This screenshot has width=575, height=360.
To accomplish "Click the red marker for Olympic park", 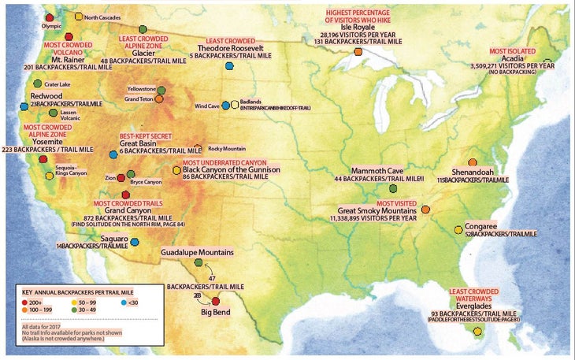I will point(50,17).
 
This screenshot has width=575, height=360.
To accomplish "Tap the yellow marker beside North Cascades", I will point(78,16).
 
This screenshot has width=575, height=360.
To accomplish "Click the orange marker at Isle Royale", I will point(358,51).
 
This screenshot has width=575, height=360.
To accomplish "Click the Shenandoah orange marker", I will point(473,162).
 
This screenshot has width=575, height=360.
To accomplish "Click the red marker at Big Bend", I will point(216,302).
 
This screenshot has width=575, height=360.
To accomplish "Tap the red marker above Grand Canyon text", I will point(124,195).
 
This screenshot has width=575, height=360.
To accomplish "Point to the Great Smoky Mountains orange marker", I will point(425,210).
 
